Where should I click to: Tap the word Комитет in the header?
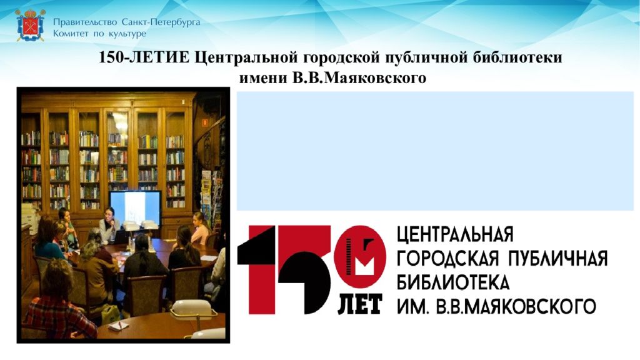coord(71,33)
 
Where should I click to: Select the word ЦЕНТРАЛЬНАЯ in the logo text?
coord(455,236)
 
